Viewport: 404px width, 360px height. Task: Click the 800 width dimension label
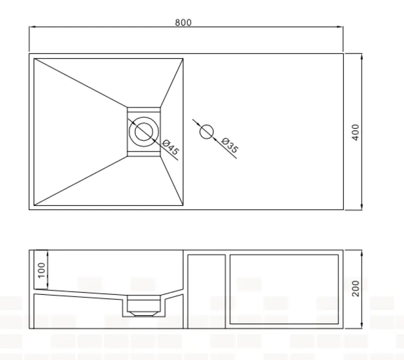[x=183, y=22]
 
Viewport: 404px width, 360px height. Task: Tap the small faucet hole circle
[x=206, y=132]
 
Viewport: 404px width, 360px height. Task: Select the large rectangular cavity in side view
[x=284, y=289]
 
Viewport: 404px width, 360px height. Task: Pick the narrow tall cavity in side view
[x=206, y=291]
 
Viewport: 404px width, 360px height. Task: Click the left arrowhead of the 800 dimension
[x=31, y=27]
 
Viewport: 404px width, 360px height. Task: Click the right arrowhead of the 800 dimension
[x=341, y=27]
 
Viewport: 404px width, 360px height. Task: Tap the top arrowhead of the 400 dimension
[x=362, y=55]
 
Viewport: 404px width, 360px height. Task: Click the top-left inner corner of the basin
[x=34, y=59]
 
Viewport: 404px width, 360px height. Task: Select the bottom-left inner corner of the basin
[x=34, y=205]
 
